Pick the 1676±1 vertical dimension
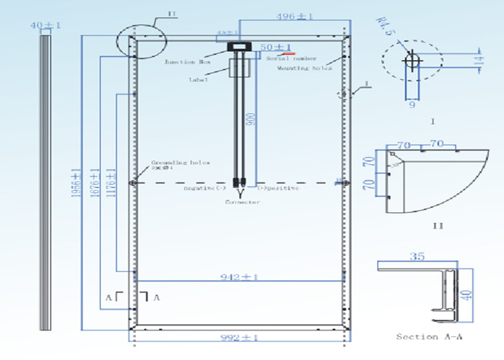tap(94, 184)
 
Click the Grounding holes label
tap(180, 163)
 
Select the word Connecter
tap(243, 202)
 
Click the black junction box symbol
tap(238, 48)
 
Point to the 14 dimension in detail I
tap(478, 64)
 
